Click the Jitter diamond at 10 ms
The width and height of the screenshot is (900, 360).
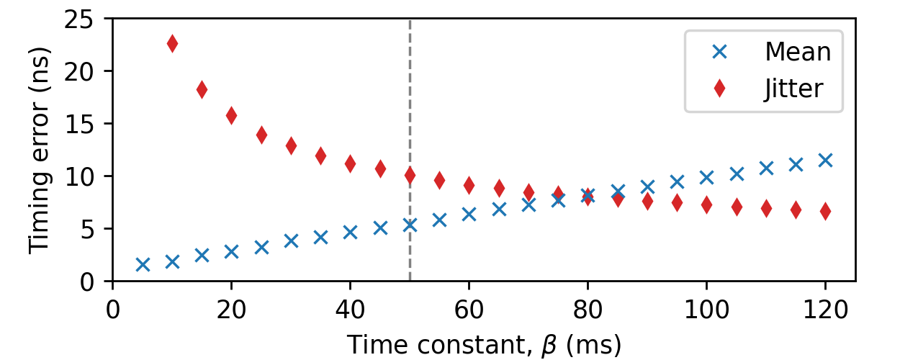tap(172, 43)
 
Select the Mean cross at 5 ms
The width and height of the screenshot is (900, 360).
tap(143, 264)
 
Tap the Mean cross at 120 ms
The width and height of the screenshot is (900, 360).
tap(825, 160)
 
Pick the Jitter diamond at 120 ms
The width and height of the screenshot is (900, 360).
tap(825, 211)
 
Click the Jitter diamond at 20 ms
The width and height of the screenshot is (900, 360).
tap(231, 115)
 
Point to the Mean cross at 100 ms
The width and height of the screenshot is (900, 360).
tap(706, 177)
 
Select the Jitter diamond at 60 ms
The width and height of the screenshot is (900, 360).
tap(469, 185)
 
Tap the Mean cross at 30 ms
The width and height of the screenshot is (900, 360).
tap(291, 240)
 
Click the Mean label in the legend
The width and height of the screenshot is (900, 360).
tap(798, 51)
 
